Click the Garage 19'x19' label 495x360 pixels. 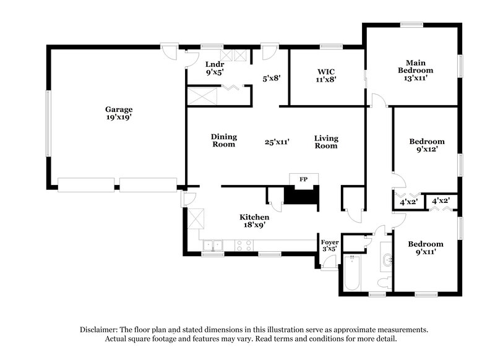coord(118,113)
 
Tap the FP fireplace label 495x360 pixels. coord(303,179)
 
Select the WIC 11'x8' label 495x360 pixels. coord(325,75)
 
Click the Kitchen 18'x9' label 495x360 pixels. coord(254,221)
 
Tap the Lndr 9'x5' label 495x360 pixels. coord(214,68)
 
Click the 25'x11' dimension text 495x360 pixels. coord(277,142)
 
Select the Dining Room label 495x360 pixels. coord(223,140)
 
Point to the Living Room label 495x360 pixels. coord(326,142)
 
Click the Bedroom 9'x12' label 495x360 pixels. coord(426,145)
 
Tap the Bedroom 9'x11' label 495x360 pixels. coord(426,248)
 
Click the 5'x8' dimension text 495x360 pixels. coord(272,79)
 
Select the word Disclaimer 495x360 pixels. coord(100,330)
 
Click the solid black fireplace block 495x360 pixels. coord(299,197)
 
